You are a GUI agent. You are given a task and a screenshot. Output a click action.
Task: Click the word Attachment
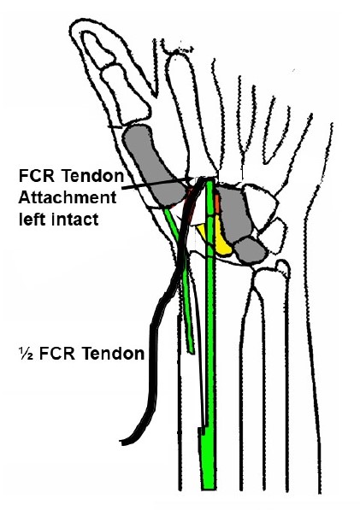tap(68, 197)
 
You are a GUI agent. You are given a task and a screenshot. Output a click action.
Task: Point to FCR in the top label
tap(38, 176)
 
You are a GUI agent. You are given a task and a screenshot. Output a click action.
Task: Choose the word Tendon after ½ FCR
tap(113, 353)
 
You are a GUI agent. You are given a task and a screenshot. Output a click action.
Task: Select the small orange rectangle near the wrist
tap(217, 204)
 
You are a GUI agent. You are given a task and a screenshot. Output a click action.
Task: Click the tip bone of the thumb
tap(98, 50)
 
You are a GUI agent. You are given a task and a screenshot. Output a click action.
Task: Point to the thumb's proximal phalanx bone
tap(126, 94)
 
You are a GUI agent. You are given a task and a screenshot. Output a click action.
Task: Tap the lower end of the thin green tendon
tap(192, 351)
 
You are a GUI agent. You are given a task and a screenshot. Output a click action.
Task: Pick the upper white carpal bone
tap(262, 202)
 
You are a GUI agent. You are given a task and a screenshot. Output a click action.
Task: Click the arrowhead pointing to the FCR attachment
tap(192, 179)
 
